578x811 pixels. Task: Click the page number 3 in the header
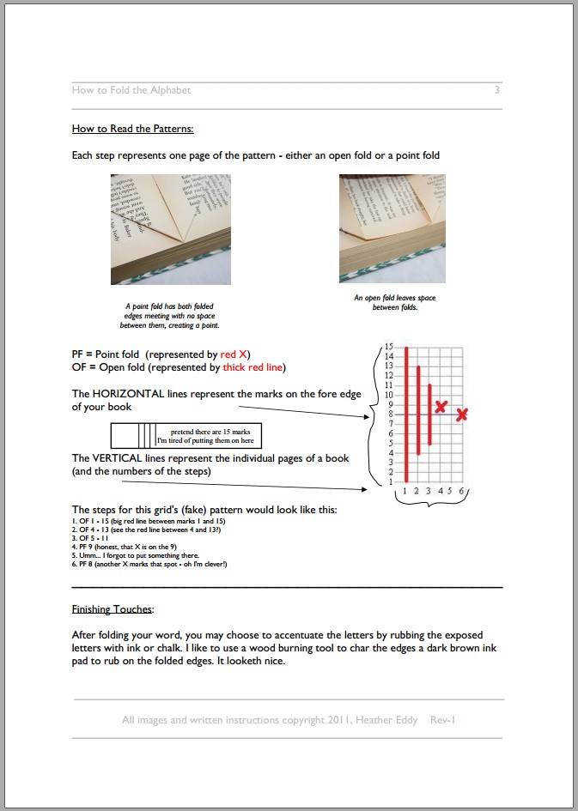[496, 90]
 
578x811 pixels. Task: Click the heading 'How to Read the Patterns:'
[133, 129]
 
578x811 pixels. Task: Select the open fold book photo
[392, 228]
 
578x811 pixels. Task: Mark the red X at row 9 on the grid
[441, 406]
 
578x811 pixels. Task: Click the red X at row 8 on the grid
[462, 415]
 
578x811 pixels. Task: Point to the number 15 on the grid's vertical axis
[388, 346]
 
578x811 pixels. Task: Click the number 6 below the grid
[462, 491]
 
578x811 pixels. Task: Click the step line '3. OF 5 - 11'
[91, 538]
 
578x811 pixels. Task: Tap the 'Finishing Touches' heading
[113, 609]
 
